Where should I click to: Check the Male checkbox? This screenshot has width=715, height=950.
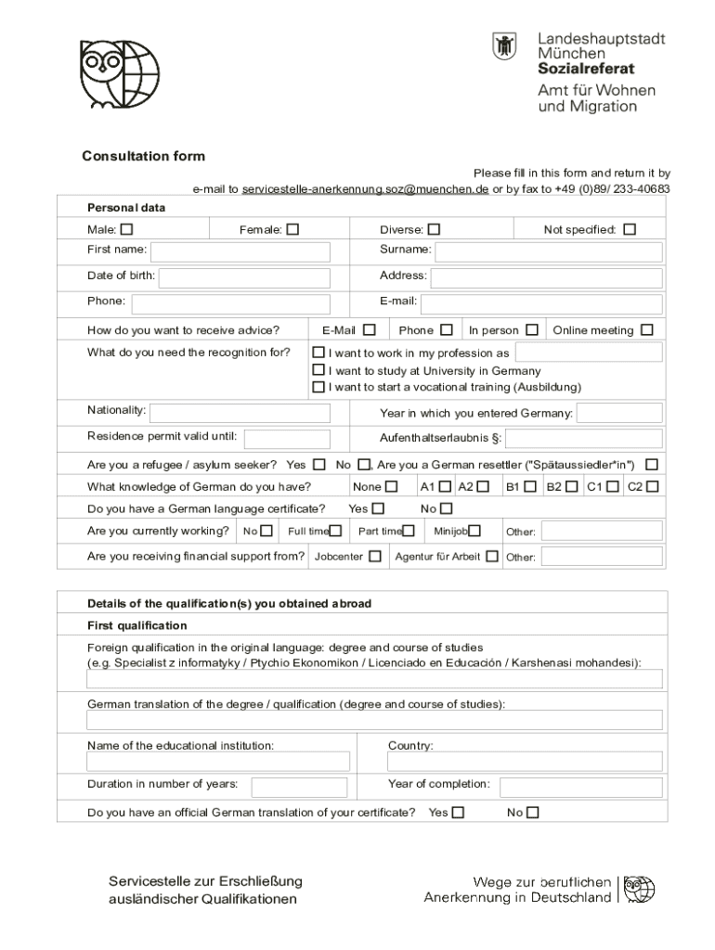pos(126,229)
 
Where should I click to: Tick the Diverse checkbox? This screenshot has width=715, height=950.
pos(434,229)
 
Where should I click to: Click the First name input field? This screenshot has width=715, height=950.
pos(240,252)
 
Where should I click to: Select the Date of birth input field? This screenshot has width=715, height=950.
pos(244,278)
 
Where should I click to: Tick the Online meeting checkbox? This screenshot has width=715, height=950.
pos(646,329)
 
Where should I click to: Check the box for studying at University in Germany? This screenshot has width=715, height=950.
pos(318,370)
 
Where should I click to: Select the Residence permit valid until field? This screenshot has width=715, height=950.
pos(287,439)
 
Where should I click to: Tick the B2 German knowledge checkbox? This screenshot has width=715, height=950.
pos(571,486)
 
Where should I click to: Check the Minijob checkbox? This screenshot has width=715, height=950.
pos(474,531)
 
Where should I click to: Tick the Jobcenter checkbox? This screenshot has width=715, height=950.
pos(374,557)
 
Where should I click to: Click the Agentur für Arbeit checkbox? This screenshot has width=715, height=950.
pos(491,557)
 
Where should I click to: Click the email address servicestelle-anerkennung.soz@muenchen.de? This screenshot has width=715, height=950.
pos(365,189)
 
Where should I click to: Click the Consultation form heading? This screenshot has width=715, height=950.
pos(143,156)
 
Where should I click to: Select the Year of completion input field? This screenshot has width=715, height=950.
pos(580,787)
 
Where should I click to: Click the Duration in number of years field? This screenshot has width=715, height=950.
pos(299,787)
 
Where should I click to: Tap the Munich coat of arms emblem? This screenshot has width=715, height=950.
pos(504,46)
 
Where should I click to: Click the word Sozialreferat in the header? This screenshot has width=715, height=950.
pos(586,69)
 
